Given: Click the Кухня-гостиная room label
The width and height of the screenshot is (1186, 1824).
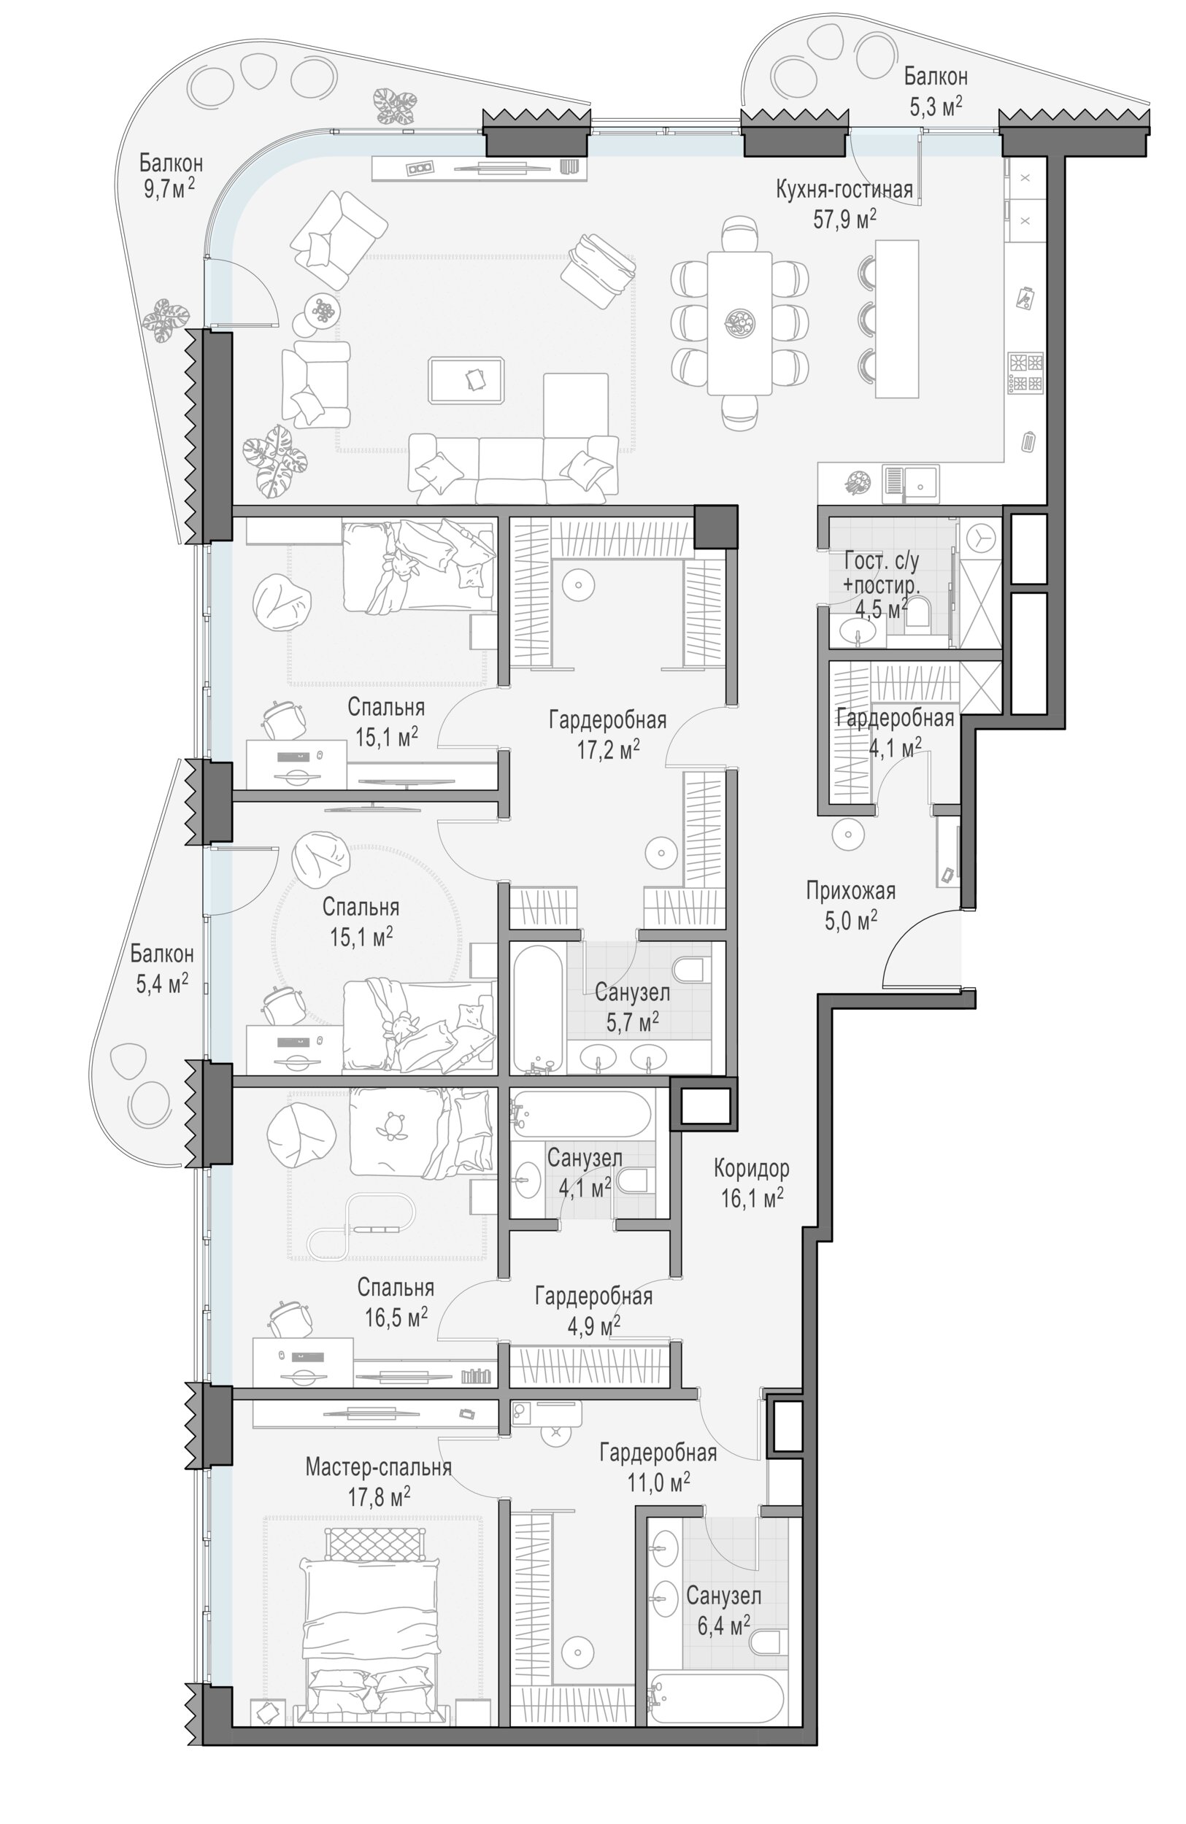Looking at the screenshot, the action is (844, 189).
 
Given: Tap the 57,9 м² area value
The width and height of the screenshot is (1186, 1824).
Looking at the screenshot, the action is (844, 220).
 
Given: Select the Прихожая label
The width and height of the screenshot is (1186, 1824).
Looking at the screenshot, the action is (850, 891).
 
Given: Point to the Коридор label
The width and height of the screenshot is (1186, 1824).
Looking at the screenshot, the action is (751, 1168).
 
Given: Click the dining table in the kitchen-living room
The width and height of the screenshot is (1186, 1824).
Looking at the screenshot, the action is (739, 322).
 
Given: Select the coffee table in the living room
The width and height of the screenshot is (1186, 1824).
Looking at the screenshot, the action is (467, 380).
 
